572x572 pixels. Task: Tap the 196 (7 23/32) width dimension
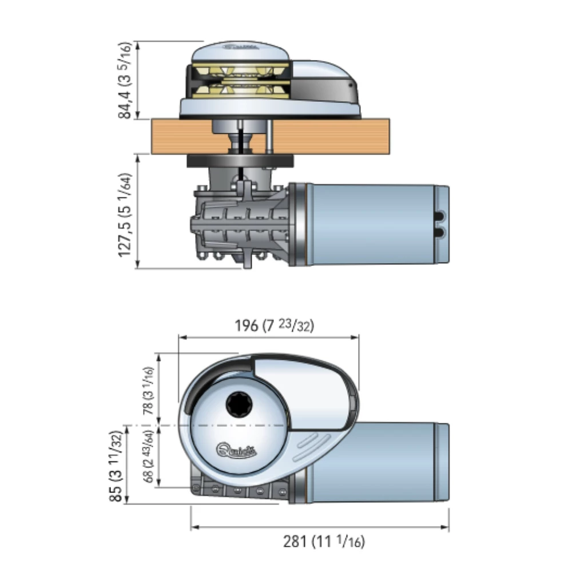point(275,326)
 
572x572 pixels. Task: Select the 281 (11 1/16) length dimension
point(324,541)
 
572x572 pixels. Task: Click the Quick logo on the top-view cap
point(236,450)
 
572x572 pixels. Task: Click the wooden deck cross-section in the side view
point(332,136)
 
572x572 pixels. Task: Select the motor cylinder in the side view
point(372,224)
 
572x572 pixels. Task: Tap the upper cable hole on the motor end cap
point(440,217)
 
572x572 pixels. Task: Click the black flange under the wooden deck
point(240,162)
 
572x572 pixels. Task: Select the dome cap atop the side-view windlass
point(240,51)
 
